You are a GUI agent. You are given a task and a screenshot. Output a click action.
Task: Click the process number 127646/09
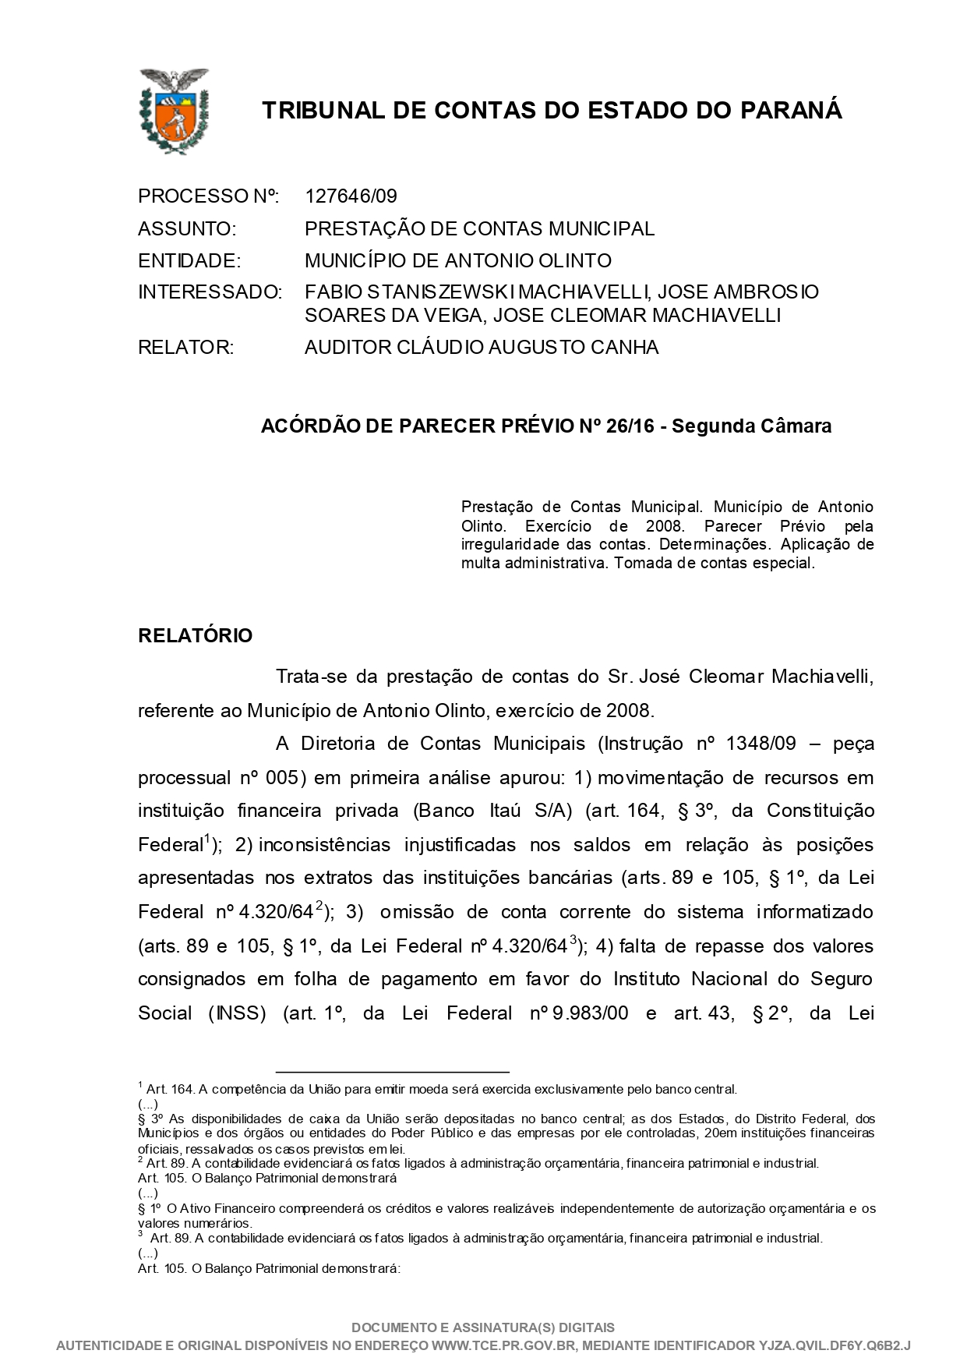[x=351, y=196]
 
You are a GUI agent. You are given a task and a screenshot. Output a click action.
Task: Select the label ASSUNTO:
[x=186, y=229]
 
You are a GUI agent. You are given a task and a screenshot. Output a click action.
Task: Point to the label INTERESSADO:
[x=210, y=292]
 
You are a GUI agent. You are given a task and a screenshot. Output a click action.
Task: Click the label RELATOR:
[x=185, y=348]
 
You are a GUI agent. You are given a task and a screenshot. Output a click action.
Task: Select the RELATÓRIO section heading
[x=195, y=636]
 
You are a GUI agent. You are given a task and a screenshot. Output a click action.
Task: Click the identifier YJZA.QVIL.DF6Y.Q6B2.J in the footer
[x=835, y=1345]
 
